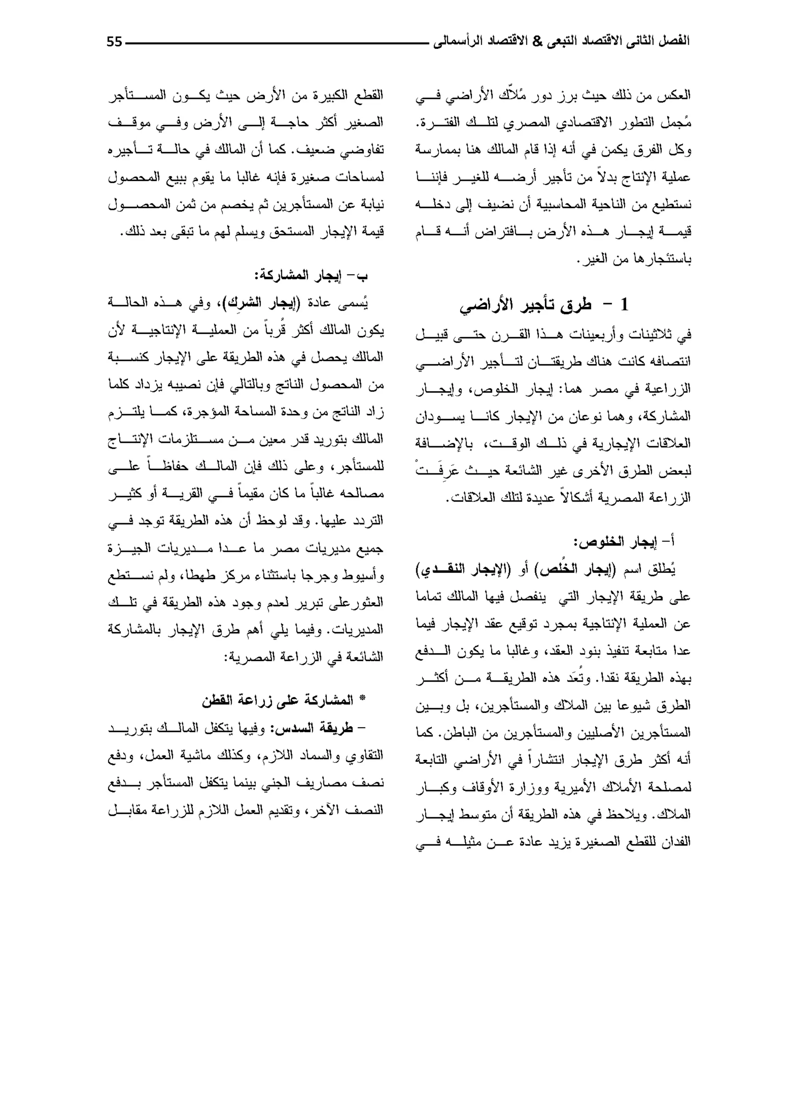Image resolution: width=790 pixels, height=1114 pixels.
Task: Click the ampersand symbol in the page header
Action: pyautogui.click(x=537, y=41)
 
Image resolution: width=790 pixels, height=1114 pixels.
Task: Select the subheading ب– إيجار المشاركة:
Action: pyautogui.click(x=311, y=276)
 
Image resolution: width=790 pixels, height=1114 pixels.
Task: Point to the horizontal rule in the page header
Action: pyautogui.click(x=277, y=43)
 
